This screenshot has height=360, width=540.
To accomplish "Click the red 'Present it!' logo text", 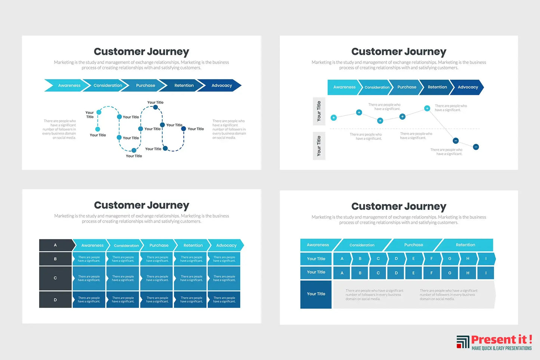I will point(501,339).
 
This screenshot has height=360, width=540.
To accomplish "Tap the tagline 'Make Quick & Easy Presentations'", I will point(501,348).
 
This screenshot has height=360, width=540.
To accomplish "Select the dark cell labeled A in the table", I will point(56,245).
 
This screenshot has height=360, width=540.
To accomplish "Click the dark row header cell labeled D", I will point(55,300).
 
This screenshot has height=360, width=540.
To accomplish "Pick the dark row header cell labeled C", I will point(55,278).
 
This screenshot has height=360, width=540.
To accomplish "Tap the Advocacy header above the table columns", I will point(226,245).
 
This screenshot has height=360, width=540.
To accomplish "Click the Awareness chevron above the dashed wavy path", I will point(67,86).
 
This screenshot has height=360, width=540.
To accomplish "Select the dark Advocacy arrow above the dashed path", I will point(221,86).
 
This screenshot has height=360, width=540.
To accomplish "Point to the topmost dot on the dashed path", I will point(155,107).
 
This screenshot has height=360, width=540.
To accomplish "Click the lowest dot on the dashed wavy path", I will point(134,150).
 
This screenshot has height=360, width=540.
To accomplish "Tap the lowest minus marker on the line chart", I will point(476,147).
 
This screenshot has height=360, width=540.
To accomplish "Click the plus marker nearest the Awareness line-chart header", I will point(334,118).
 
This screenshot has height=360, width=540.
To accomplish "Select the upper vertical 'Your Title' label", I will point(319,111).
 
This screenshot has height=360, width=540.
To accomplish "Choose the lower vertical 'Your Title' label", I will point(319,146).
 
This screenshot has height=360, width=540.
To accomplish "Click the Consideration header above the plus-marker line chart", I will point(377,87).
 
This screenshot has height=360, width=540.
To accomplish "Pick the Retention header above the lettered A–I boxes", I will point(465,245).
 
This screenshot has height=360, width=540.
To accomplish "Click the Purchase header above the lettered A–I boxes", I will point(413,245).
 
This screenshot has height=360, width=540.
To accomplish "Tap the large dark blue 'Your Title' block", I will point(316,294).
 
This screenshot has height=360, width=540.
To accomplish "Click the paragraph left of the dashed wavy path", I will point(59,129).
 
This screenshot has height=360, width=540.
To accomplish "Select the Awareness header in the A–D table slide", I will point(92,245).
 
